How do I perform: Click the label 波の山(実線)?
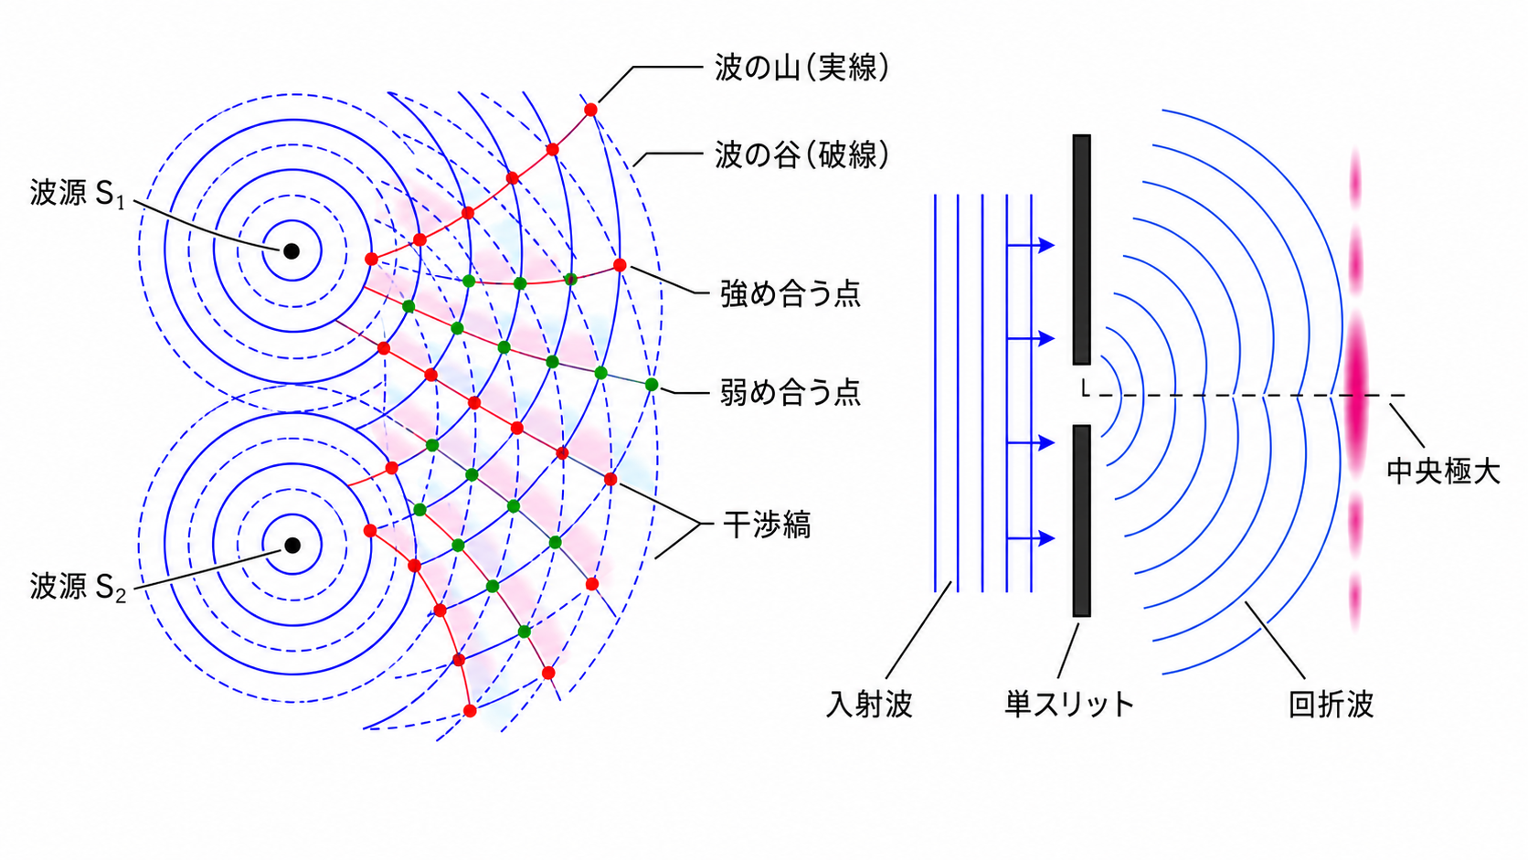pyautogui.click(x=802, y=68)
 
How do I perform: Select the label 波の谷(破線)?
pyautogui.click(x=802, y=155)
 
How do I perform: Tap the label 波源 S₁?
pyautogui.click(x=77, y=194)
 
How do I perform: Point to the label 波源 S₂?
pyautogui.click(x=77, y=587)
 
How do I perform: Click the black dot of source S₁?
pyautogui.click(x=292, y=251)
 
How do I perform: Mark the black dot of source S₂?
pyautogui.click(x=292, y=546)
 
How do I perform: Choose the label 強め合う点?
pyautogui.click(x=791, y=294)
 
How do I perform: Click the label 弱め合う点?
pyautogui.click(x=791, y=393)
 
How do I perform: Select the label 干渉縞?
pyautogui.click(x=767, y=526)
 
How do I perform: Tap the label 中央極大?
pyautogui.click(x=1443, y=472)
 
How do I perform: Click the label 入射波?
pyautogui.click(x=869, y=704)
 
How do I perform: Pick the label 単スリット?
pyautogui.click(x=1069, y=704)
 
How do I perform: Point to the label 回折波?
pyautogui.click(x=1331, y=704)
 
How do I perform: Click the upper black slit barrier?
pyautogui.click(x=1082, y=250)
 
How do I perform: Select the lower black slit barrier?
pyautogui.click(x=1082, y=520)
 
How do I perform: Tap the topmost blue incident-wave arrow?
pyautogui.click(x=1032, y=245)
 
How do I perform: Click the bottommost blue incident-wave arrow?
pyautogui.click(x=1032, y=539)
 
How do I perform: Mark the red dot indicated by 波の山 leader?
pyautogui.click(x=590, y=110)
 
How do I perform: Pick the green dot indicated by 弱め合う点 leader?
pyautogui.click(x=652, y=385)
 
